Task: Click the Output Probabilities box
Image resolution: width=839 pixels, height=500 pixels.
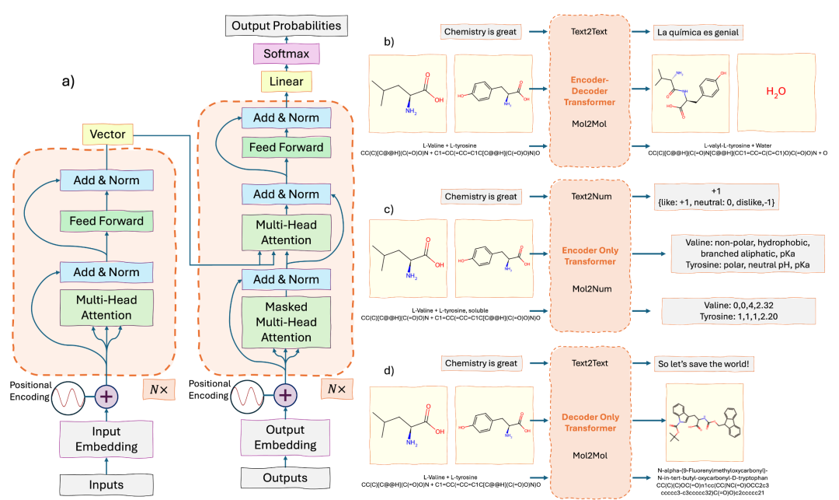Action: pos(286,26)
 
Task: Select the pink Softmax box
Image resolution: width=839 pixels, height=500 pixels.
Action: pos(285,54)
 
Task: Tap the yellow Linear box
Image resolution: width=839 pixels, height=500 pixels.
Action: pos(286,82)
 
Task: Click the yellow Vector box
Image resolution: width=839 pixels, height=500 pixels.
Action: pos(108,135)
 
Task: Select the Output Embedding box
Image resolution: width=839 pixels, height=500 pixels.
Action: pos(286,439)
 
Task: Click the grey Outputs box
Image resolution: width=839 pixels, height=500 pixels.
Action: pos(286,477)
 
